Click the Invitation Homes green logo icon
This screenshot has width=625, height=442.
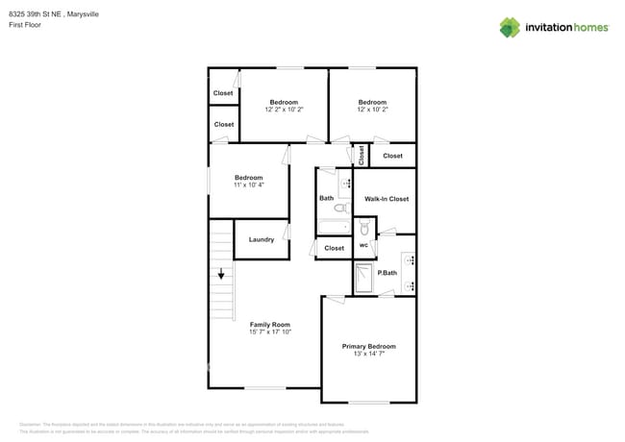pos(510,27)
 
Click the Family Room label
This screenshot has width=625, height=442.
pos(270,325)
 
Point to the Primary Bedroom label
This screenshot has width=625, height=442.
pos(369,346)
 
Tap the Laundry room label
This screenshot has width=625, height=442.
pos(262,239)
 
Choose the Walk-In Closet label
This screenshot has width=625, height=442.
pos(387,199)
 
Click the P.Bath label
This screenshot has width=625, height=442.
pos(387,274)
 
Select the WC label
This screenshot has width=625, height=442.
pos(363,246)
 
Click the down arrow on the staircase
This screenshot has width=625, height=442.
pos(221,275)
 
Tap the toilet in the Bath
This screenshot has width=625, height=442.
pos(340,208)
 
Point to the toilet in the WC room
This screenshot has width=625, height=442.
pos(364,230)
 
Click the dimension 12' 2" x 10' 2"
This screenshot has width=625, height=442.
pos(284,110)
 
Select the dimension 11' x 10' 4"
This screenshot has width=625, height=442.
pos(249,184)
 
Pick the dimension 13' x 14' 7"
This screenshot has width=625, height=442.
pos(369,355)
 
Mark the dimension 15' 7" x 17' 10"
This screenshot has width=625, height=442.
pos(270,332)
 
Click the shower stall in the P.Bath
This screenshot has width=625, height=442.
pos(364,279)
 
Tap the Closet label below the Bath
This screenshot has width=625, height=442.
pos(334,248)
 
